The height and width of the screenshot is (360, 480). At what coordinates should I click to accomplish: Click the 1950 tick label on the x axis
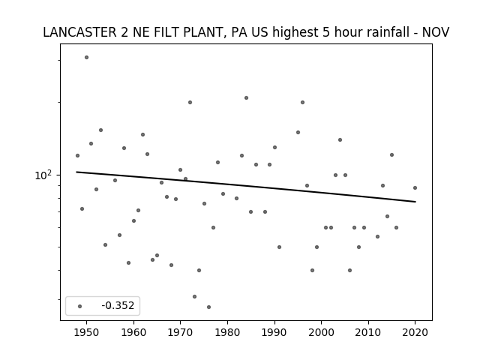[87, 332]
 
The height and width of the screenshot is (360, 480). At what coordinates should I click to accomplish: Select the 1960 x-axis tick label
[133, 332]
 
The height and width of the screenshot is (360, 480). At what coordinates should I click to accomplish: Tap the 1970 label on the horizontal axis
[180, 332]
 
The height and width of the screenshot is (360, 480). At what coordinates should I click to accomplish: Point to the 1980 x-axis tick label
[227, 332]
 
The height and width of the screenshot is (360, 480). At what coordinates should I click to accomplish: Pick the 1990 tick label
[274, 332]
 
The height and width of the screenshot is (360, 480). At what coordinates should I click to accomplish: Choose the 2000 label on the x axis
[322, 332]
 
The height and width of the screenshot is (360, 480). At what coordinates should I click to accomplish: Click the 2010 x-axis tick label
[368, 332]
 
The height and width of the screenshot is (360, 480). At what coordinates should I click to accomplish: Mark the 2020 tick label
[415, 332]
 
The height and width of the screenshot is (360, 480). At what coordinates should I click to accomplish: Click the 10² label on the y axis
[43, 175]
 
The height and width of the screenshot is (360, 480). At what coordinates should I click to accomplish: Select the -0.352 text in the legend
[118, 305]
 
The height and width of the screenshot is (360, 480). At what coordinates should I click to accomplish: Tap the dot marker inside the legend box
[80, 306]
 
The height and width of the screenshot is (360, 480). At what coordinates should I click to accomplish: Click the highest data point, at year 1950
[87, 57]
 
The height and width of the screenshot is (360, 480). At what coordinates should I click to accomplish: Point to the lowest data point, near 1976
[208, 307]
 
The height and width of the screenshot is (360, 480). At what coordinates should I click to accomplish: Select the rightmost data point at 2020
[415, 188]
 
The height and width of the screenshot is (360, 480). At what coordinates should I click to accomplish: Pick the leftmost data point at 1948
[77, 155]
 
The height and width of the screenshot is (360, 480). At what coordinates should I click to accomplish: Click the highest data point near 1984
[246, 98]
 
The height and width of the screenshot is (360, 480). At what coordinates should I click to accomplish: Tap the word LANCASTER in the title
[79, 32]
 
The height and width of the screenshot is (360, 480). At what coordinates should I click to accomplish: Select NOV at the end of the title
[436, 32]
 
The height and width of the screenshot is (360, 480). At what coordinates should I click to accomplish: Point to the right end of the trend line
[415, 202]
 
